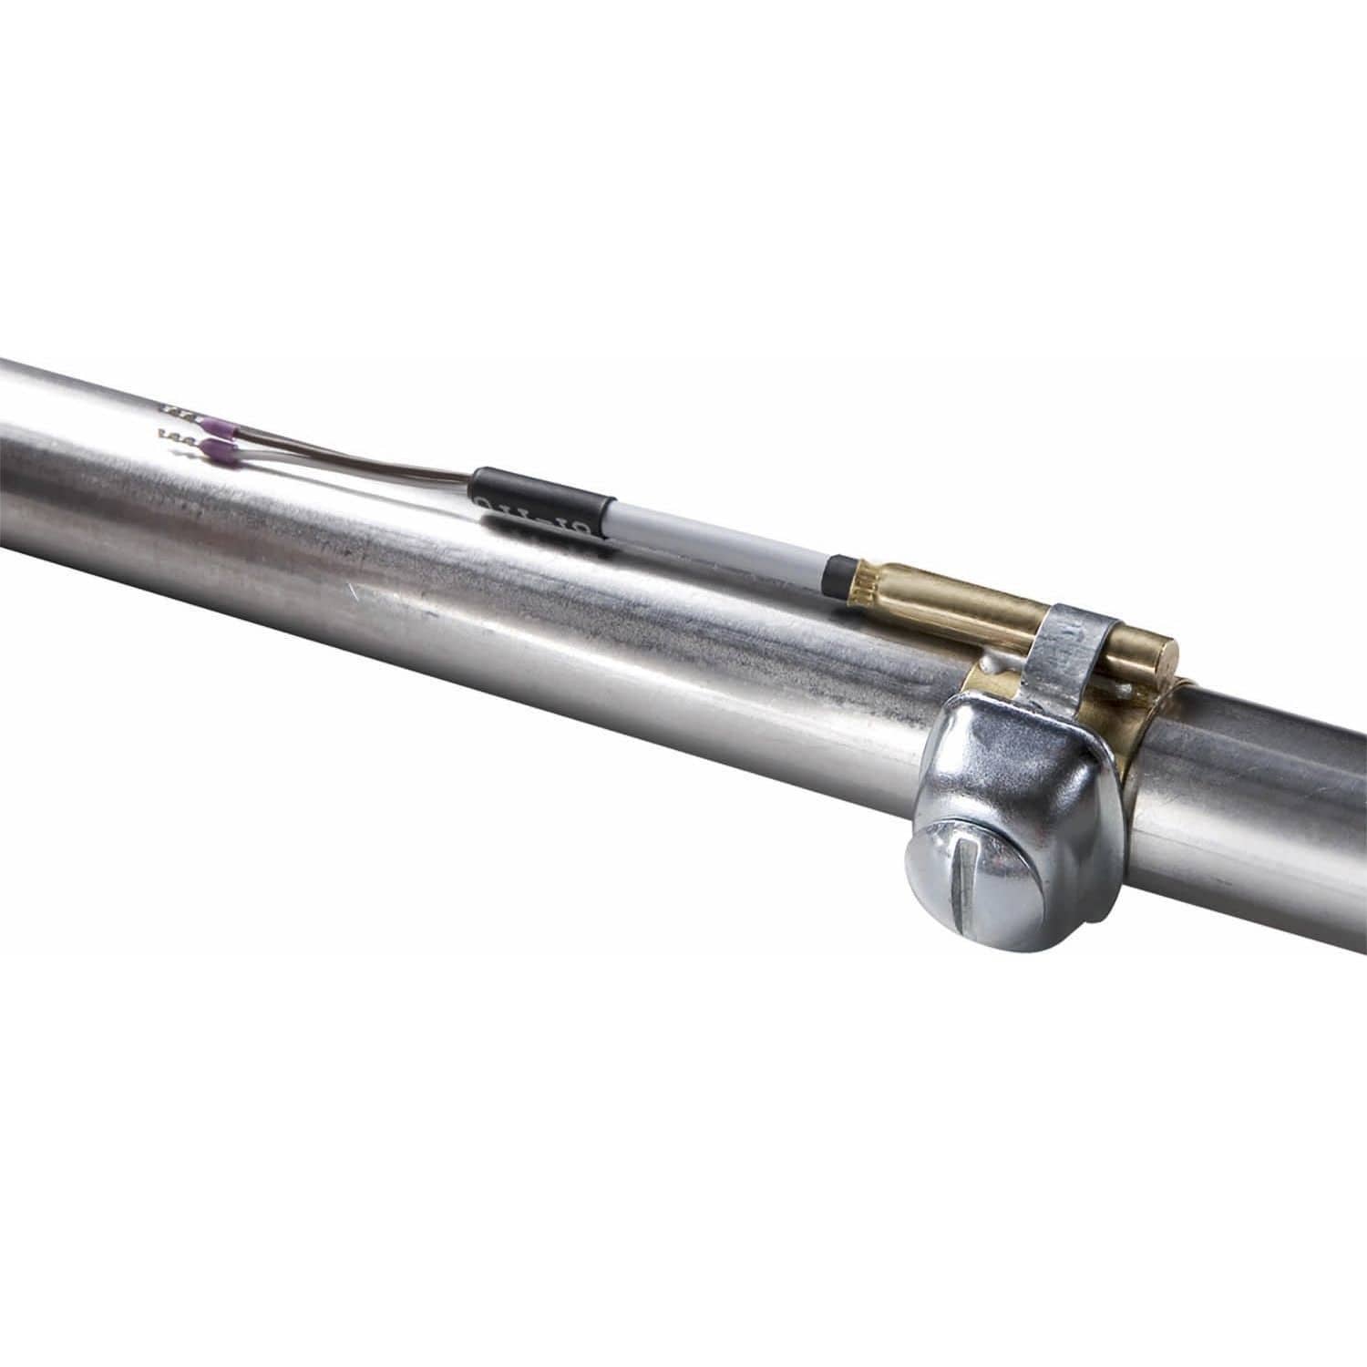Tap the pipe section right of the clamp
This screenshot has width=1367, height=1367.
(1267, 784)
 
